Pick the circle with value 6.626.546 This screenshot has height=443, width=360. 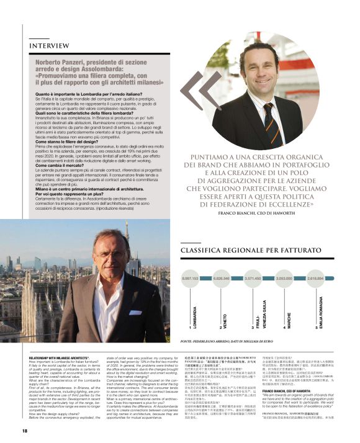point(222,279)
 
